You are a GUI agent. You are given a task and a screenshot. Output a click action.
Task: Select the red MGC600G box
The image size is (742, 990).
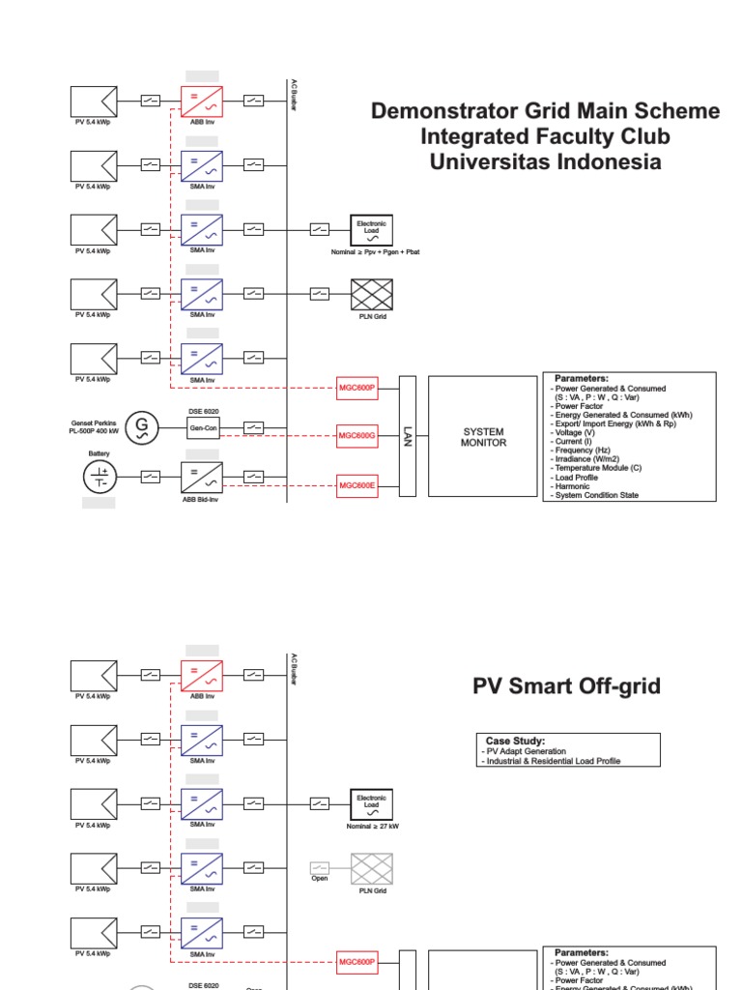coord(357,437)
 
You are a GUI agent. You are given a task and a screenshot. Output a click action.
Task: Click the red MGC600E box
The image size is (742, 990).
coord(357,485)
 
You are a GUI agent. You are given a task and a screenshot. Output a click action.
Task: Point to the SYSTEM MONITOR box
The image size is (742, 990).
coord(483,437)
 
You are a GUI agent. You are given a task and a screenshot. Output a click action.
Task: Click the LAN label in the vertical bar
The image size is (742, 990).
coord(408,437)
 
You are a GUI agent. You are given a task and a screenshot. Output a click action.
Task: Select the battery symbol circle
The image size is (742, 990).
coord(100,477)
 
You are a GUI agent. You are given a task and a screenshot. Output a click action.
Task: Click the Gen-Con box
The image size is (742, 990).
coord(202,426)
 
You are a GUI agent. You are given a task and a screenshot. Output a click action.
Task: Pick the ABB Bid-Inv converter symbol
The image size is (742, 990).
coord(202,477)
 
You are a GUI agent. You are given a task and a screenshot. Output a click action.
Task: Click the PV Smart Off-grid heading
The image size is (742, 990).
coord(566,686)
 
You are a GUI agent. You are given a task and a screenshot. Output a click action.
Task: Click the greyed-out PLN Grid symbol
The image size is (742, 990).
coord(372,867)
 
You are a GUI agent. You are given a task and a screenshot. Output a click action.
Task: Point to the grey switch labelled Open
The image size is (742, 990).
coord(320,867)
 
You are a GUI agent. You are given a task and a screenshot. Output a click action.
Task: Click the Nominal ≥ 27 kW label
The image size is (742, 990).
coord(372,827)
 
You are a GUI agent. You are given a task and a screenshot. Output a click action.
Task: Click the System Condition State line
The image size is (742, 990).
coord(594,495)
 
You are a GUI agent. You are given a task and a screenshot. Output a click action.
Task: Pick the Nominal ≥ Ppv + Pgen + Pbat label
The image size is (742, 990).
coord(376,251)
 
